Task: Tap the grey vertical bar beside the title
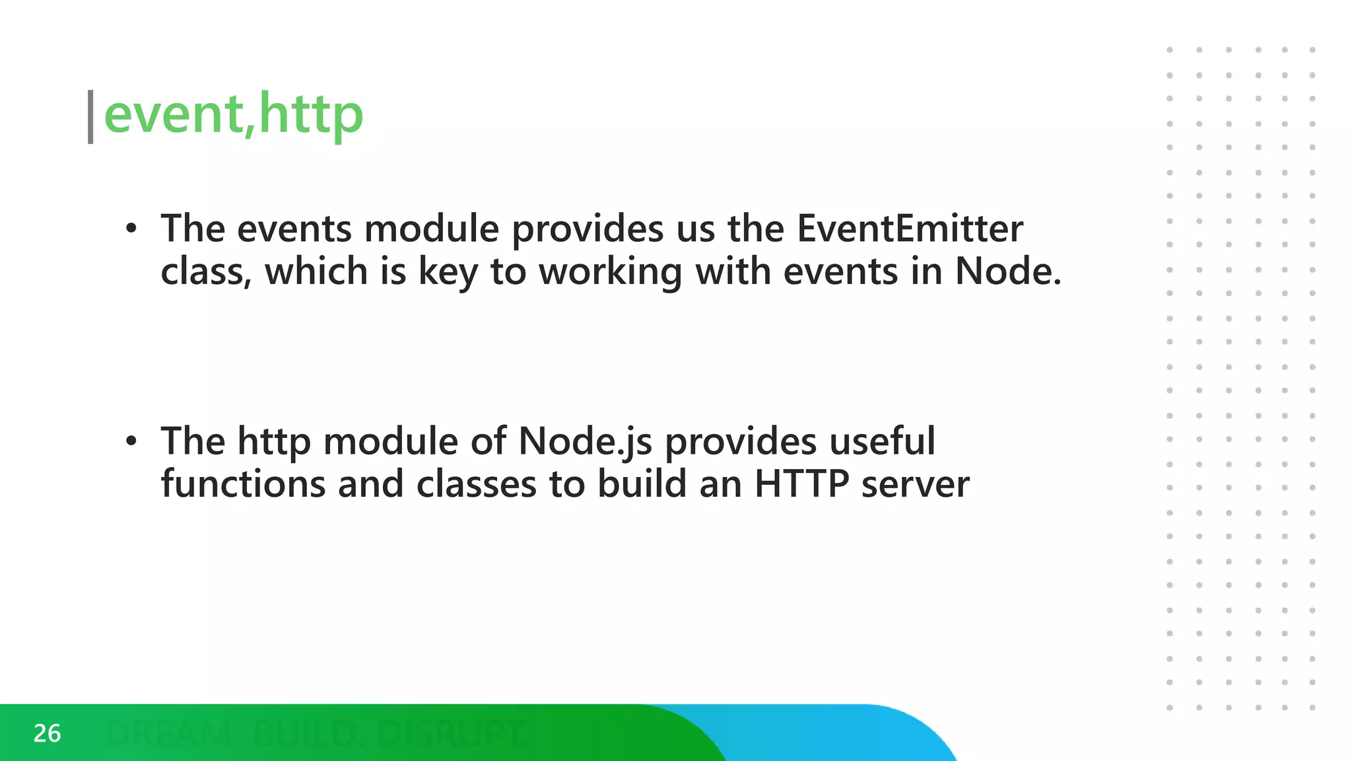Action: tap(90, 117)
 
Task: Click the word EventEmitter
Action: tap(910, 229)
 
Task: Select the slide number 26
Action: tap(47, 733)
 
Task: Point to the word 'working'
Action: tap(610, 272)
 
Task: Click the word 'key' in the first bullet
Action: tap(448, 272)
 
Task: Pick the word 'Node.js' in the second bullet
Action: tap(585, 441)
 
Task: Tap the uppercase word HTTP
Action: tap(801, 484)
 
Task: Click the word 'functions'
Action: tap(243, 484)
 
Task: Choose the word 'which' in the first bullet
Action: tap(316, 272)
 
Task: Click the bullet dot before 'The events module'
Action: tap(131, 229)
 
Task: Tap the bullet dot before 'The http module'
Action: tap(131, 441)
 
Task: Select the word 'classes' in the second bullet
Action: tap(476, 484)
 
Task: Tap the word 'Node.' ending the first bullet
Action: tap(1008, 272)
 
